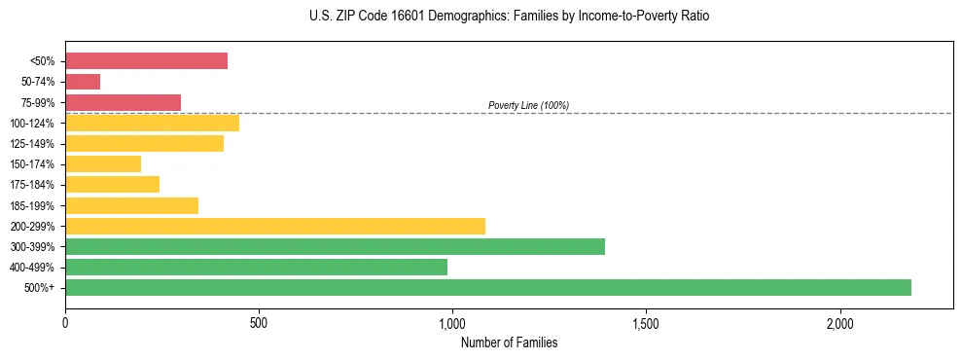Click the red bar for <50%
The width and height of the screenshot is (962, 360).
click(146, 61)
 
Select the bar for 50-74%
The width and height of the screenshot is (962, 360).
click(83, 82)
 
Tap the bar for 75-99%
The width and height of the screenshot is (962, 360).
click(123, 102)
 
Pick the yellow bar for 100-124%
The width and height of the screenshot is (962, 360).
click(152, 123)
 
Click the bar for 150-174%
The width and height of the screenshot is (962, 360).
click(103, 163)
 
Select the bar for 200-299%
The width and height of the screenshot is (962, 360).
click(275, 226)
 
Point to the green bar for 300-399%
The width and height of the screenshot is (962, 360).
click(335, 246)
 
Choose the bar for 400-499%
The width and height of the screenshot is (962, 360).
click(256, 267)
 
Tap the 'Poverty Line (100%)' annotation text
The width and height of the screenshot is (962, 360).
click(528, 105)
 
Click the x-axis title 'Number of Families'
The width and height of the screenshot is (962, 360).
click(509, 342)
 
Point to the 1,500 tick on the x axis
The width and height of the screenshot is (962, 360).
click(646, 323)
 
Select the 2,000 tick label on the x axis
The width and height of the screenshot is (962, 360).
click(839, 323)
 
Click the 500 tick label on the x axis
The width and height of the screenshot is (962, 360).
click(259, 323)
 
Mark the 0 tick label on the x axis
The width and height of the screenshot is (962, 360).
click(65, 323)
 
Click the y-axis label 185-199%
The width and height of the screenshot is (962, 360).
click(32, 205)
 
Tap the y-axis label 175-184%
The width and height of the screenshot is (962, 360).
click(32, 185)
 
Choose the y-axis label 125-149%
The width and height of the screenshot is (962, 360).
click(32, 144)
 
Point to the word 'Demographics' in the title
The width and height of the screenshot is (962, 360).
click(453, 17)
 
